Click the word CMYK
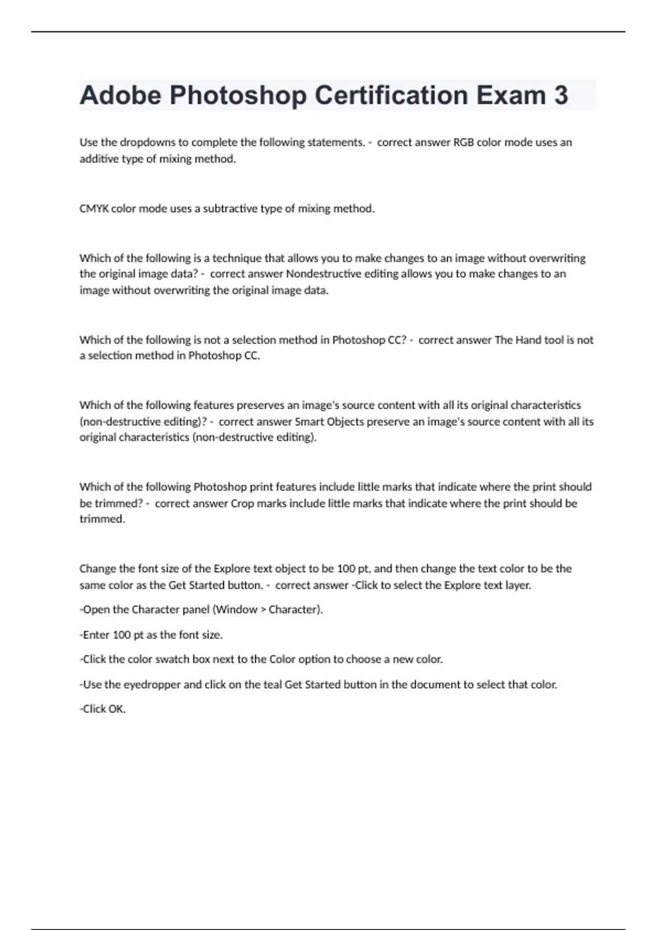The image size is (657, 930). point(94,208)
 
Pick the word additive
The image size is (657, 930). point(97,159)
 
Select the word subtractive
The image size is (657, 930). point(230,208)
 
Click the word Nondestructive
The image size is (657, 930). point(324,274)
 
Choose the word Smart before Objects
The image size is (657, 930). point(309,421)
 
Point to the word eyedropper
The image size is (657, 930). point(152,684)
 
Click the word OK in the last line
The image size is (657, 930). point(116,709)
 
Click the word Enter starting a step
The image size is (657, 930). point(96,635)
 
